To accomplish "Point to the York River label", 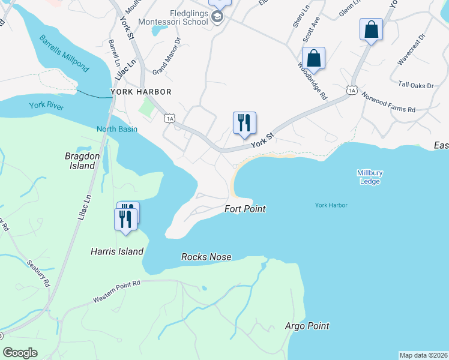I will (x=46, y=106).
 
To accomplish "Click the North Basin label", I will (x=117, y=129).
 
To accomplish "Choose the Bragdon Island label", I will (x=80, y=161).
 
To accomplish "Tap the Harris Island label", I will (x=117, y=252).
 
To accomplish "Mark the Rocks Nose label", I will (x=206, y=257).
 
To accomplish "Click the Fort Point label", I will (x=245, y=209).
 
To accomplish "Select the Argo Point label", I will (x=307, y=326).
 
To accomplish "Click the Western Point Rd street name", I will (x=116, y=291).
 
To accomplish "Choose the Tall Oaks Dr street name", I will (x=412, y=85).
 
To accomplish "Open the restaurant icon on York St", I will (x=244, y=122).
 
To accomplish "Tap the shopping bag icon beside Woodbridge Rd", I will (x=313, y=58).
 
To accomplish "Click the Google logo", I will (x=20, y=353).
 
